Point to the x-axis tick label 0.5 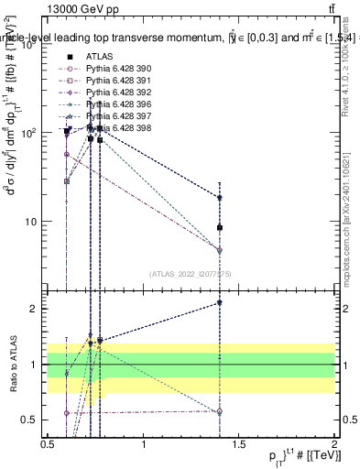click(x=49, y=444)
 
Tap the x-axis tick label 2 click(x=334, y=444)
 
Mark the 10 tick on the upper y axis click(x=29, y=222)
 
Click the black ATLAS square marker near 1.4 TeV click(x=220, y=227)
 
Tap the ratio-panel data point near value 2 click(x=220, y=302)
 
